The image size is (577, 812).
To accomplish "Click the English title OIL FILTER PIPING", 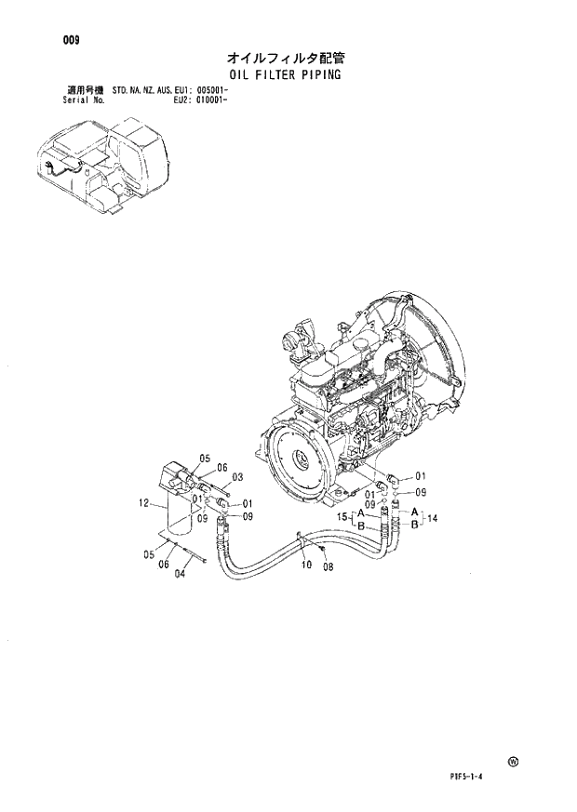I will point(285,73).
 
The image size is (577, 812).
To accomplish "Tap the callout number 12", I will point(144,503).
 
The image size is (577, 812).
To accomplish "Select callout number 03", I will point(237,477).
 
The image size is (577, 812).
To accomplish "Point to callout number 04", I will point(181,573).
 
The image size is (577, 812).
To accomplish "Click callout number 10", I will point(305,564).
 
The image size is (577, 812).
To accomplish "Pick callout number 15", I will point(342,516).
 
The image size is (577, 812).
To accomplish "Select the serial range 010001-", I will point(213,99).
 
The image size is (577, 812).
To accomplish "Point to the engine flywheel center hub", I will point(302,459).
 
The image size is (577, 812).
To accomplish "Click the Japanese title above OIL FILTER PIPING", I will point(285,58).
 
